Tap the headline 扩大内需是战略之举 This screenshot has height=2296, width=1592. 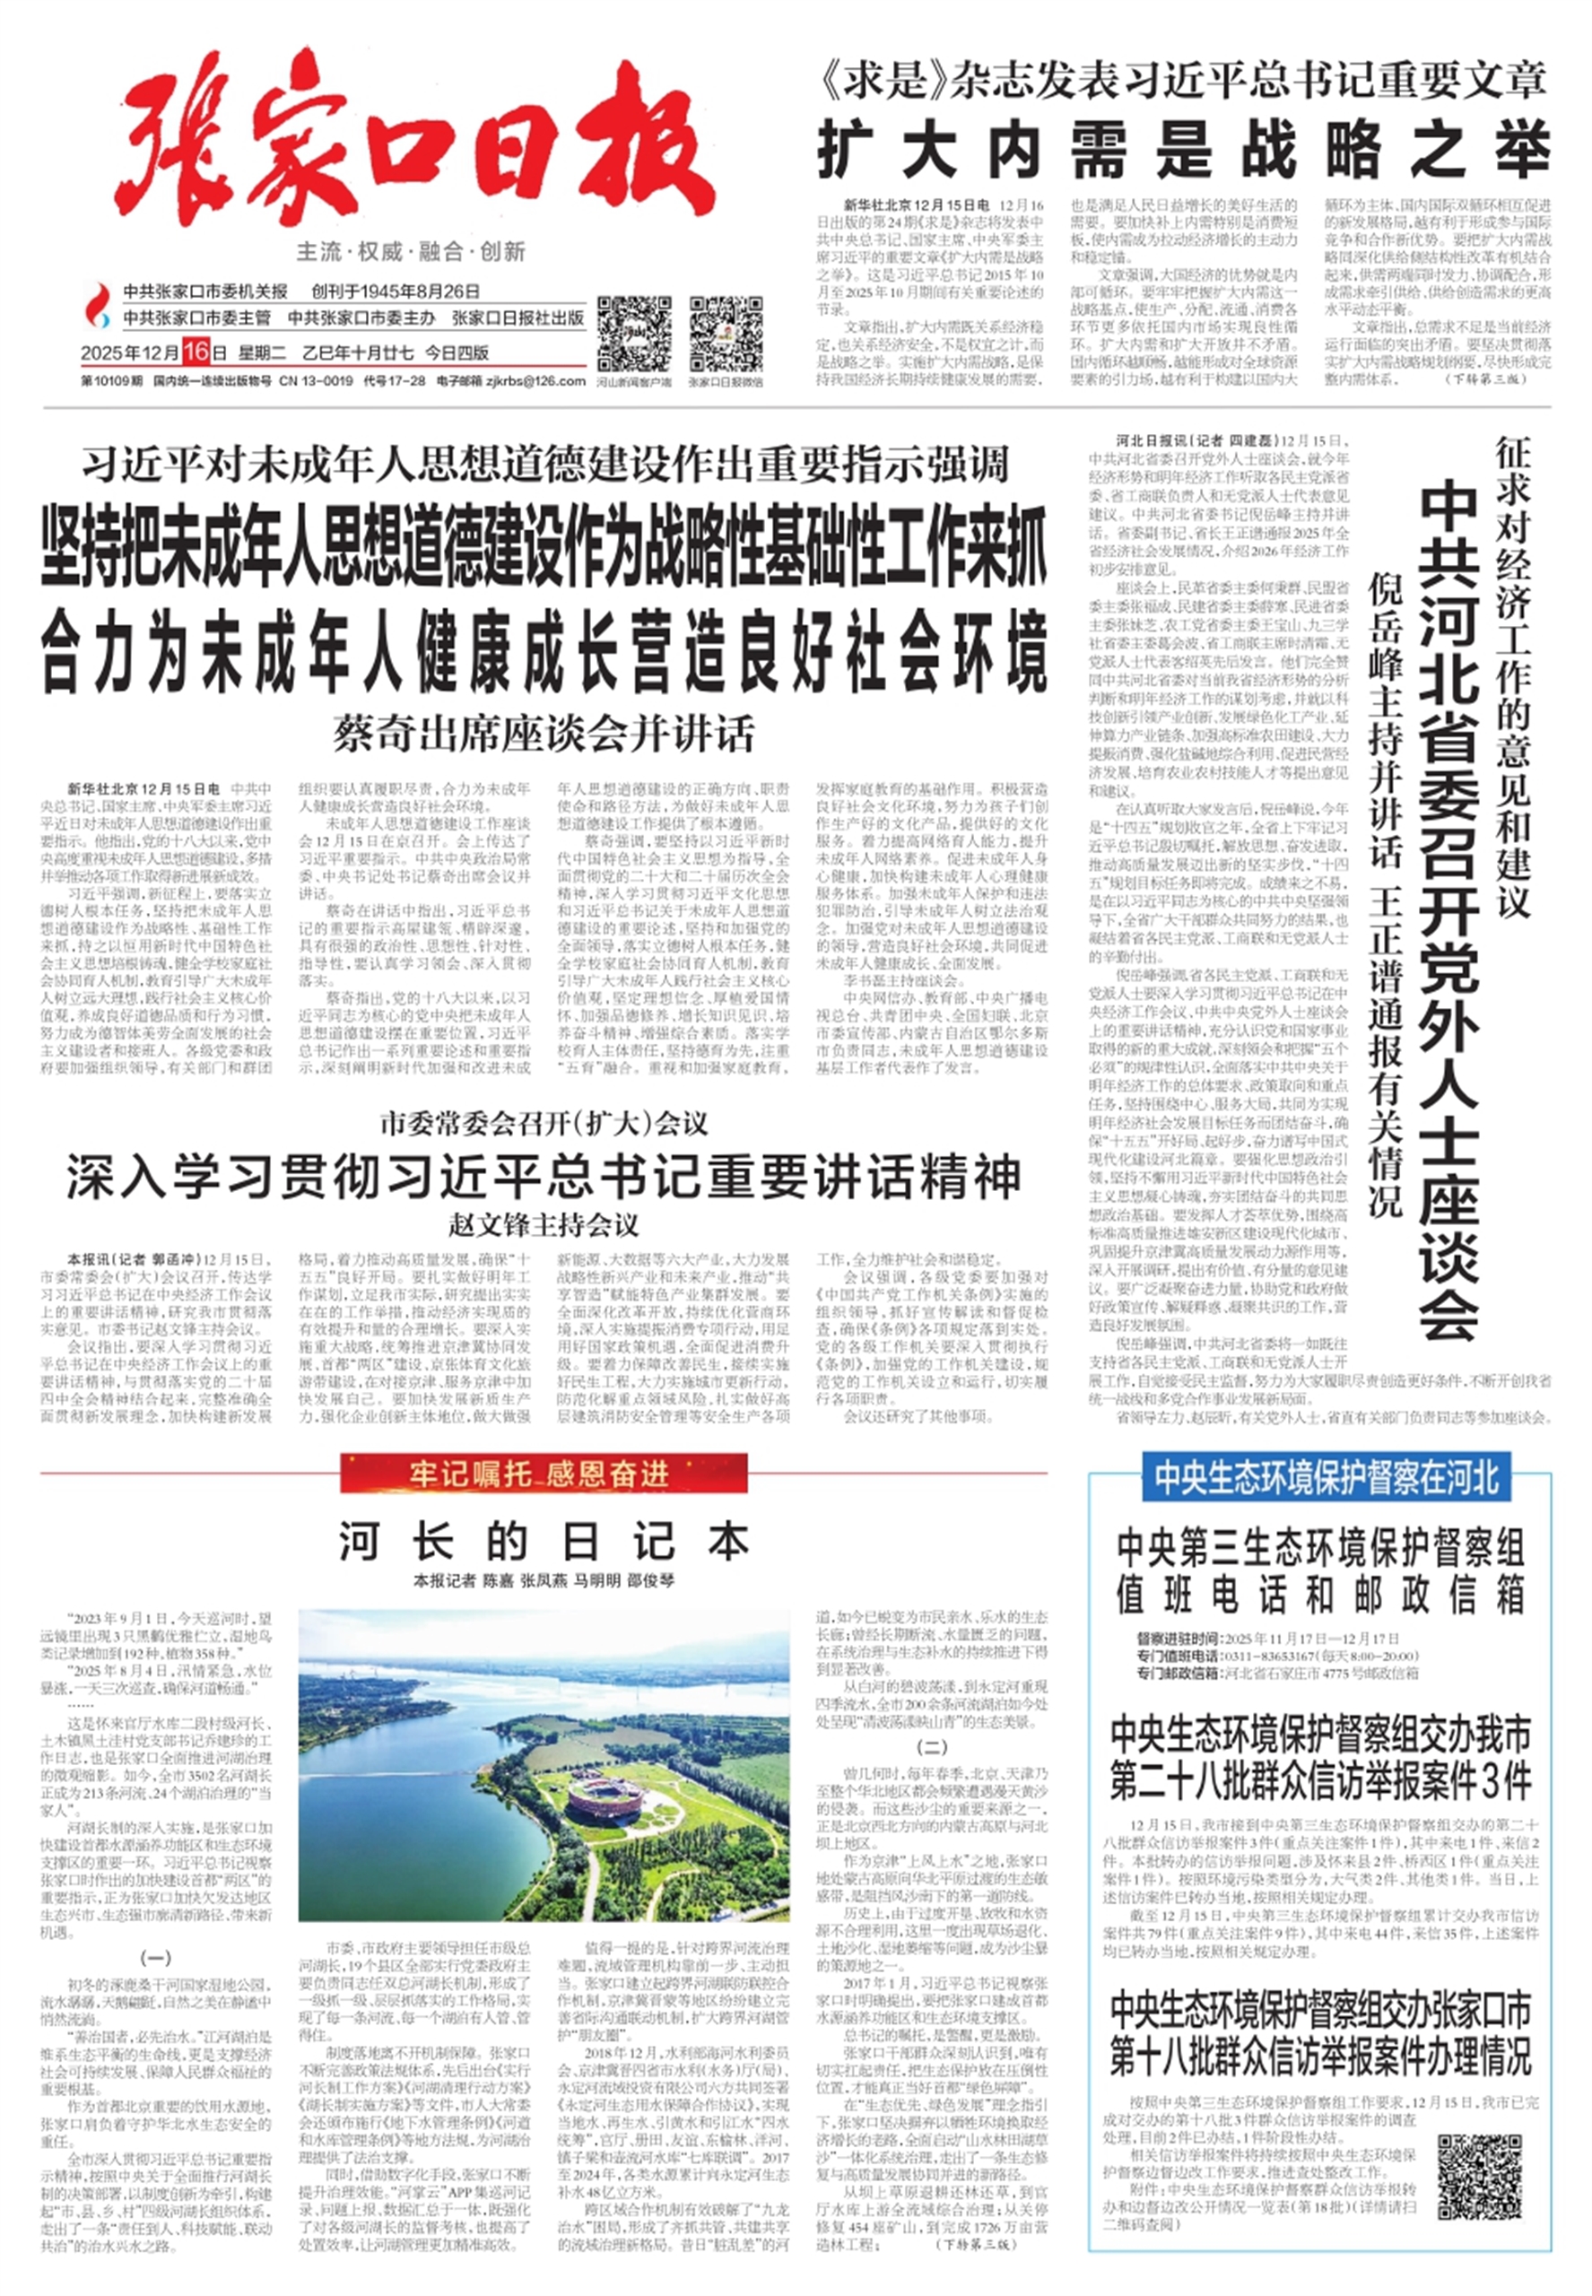(x=1183, y=152)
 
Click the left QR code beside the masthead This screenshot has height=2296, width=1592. (x=632, y=333)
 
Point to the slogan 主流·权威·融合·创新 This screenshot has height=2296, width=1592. (x=411, y=251)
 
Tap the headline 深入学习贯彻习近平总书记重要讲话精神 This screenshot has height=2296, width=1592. (x=544, y=1176)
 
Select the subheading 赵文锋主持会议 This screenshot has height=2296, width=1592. (x=544, y=1224)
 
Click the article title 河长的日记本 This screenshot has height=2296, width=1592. (x=544, y=1541)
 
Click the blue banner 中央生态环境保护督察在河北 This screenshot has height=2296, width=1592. (x=1326, y=1477)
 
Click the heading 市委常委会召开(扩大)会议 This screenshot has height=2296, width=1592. (x=544, y=1124)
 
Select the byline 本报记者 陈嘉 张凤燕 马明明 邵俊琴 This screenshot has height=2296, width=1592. (x=544, y=1581)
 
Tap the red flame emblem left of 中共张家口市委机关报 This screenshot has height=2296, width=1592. (x=98, y=301)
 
